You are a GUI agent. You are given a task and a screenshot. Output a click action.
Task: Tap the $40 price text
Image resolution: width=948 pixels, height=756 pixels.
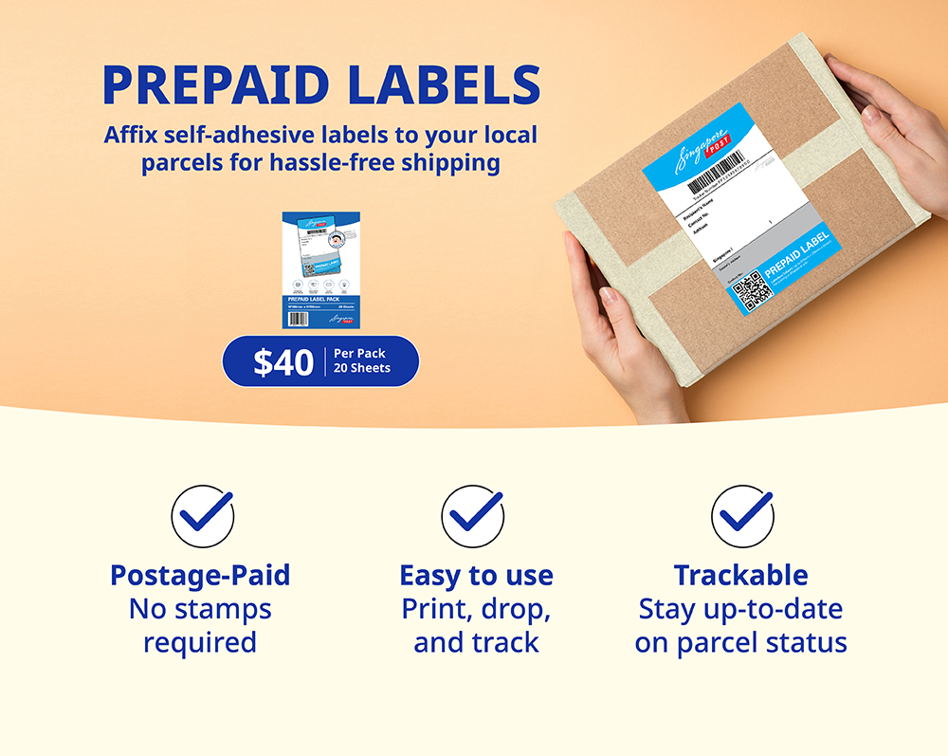pyautogui.click(x=283, y=361)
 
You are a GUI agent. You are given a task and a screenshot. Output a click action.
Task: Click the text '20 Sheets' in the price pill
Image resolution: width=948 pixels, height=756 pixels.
pyautogui.click(x=361, y=368)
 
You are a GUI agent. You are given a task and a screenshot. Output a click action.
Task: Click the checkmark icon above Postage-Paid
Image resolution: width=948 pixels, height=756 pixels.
pyautogui.click(x=202, y=516)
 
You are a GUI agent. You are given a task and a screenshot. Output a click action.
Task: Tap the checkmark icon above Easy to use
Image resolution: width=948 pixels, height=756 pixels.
pyautogui.click(x=472, y=516)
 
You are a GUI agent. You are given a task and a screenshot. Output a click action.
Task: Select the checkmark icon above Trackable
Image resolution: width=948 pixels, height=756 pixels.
pyautogui.click(x=742, y=516)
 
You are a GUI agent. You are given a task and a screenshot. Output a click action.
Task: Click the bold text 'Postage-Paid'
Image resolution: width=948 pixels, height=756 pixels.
pyautogui.click(x=200, y=575)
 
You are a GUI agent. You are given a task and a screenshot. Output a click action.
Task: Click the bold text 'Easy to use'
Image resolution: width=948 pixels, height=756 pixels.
pyautogui.click(x=476, y=575)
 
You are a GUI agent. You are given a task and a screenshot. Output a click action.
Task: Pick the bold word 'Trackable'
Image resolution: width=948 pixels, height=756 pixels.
pyautogui.click(x=740, y=575)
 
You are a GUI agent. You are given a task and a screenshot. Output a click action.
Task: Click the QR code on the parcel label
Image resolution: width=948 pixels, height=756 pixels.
pyautogui.click(x=753, y=290)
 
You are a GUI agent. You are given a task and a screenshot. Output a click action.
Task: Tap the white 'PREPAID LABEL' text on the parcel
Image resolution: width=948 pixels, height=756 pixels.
pyautogui.click(x=797, y=255)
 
